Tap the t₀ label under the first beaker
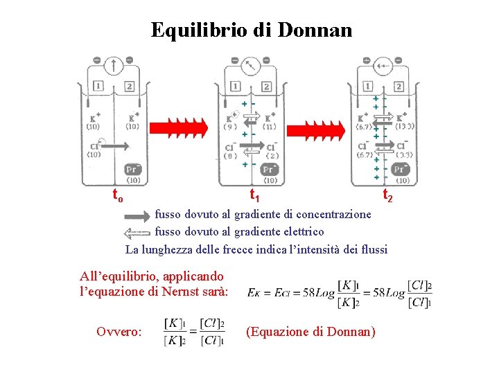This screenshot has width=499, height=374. coord(119,197)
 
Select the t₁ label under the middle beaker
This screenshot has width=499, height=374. coord(254,195)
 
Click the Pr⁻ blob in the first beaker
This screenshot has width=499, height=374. coord(132,169)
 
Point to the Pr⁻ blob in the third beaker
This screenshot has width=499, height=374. coord(400,169)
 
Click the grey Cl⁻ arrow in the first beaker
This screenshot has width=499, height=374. coord(115,145)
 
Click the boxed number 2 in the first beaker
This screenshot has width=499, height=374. coord(130,87)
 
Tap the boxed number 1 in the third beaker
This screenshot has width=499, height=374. coord(367,87)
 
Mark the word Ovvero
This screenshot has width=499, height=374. coord(120,332)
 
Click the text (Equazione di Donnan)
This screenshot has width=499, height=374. coord(310,332)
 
